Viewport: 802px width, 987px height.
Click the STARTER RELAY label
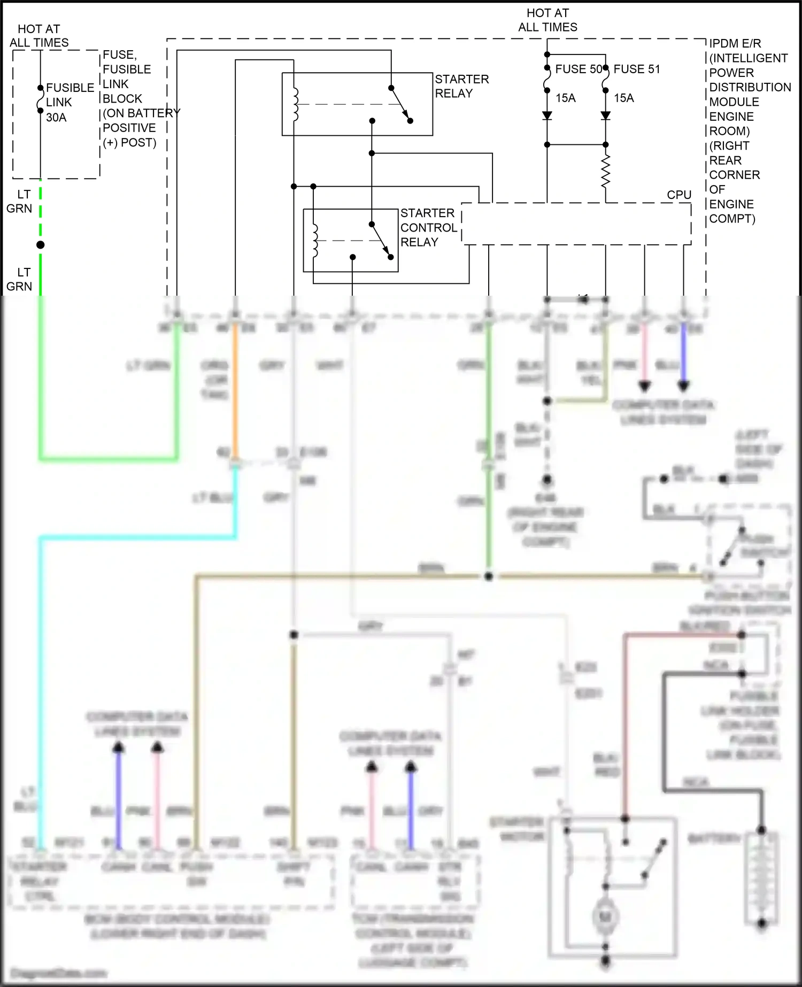click(x=461, y=86)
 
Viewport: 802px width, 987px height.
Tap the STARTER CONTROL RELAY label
click(x=428, y=228)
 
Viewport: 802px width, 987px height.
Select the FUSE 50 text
click(x=578, y=69)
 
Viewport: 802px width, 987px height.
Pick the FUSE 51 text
click(x=636, y=69)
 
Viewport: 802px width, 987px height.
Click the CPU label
click(x=678, y=195)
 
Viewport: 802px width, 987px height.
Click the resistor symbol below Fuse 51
click(x=605, y=171)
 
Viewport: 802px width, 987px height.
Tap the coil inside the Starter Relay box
click(x=295, y=104)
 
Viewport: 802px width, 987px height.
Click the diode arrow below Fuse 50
click(x=547, y=115)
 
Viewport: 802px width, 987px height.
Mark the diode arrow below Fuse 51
click(x=605, y=115)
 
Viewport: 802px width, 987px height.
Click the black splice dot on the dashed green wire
click(x=40, y=245)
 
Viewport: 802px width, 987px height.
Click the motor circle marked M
click(x=605, y=917)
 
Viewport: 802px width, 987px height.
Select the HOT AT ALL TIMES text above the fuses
click(x=547, y=20)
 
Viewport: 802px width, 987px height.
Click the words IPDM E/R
click(x=735, y=44)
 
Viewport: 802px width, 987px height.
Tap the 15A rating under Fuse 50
click(x=565, y=98)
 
